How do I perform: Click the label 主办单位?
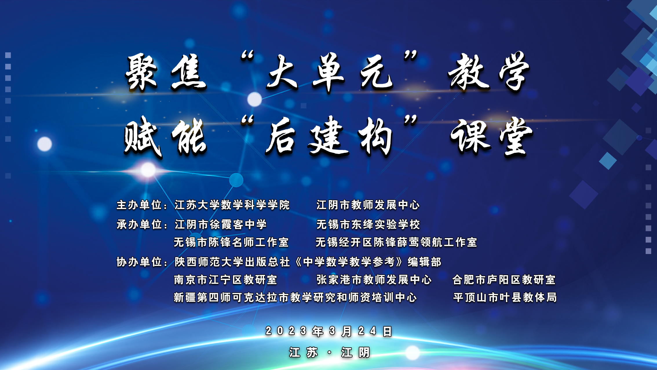139,205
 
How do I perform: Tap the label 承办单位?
139,224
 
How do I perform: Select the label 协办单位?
139,262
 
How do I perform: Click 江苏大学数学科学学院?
232,205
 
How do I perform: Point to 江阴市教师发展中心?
368,205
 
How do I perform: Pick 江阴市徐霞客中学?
220,224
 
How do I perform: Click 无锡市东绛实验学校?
368,224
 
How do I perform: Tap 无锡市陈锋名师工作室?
231,242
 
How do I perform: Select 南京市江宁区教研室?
225,280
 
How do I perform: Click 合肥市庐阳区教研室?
504,280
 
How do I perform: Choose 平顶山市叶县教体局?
505,297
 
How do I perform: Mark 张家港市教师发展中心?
374,280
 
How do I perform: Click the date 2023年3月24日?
329,331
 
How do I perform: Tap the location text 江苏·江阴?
329,353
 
